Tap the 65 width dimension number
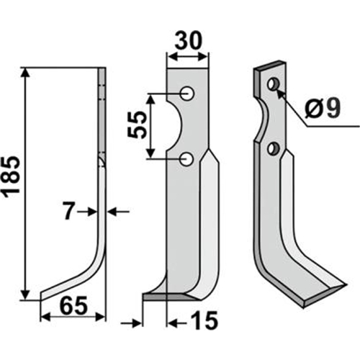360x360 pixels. (x=73, y=306)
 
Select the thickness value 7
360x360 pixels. (x=68, y=211)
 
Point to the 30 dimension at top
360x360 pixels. (x=189, y=41)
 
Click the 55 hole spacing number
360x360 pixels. (x=137, y=125)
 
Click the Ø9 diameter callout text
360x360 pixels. (x=322, y=108)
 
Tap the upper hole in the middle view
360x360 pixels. (x=187, y=94)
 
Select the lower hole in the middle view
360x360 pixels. (x=186, y=160)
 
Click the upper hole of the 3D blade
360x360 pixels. (x=273, y=84)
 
